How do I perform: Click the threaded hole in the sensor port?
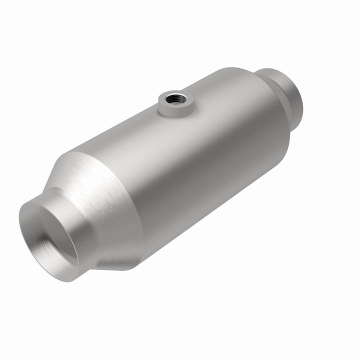177,97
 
